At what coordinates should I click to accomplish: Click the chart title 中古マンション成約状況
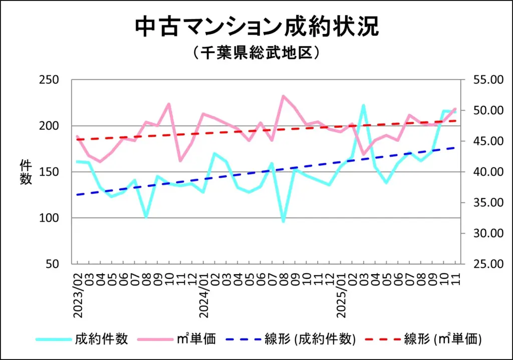[x=256, y=28]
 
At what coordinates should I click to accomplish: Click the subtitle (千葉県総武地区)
[x=256, y=53]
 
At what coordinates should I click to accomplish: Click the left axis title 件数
[x=26, y=172]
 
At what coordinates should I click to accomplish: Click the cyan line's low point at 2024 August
[x=284, y=221]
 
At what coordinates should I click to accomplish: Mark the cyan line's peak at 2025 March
[x=363, y=105]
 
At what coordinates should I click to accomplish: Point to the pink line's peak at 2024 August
[x=284, y=96]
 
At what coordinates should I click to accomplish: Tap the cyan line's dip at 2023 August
[x=146, y=217]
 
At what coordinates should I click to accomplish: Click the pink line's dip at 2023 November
[x=180, y=161]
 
